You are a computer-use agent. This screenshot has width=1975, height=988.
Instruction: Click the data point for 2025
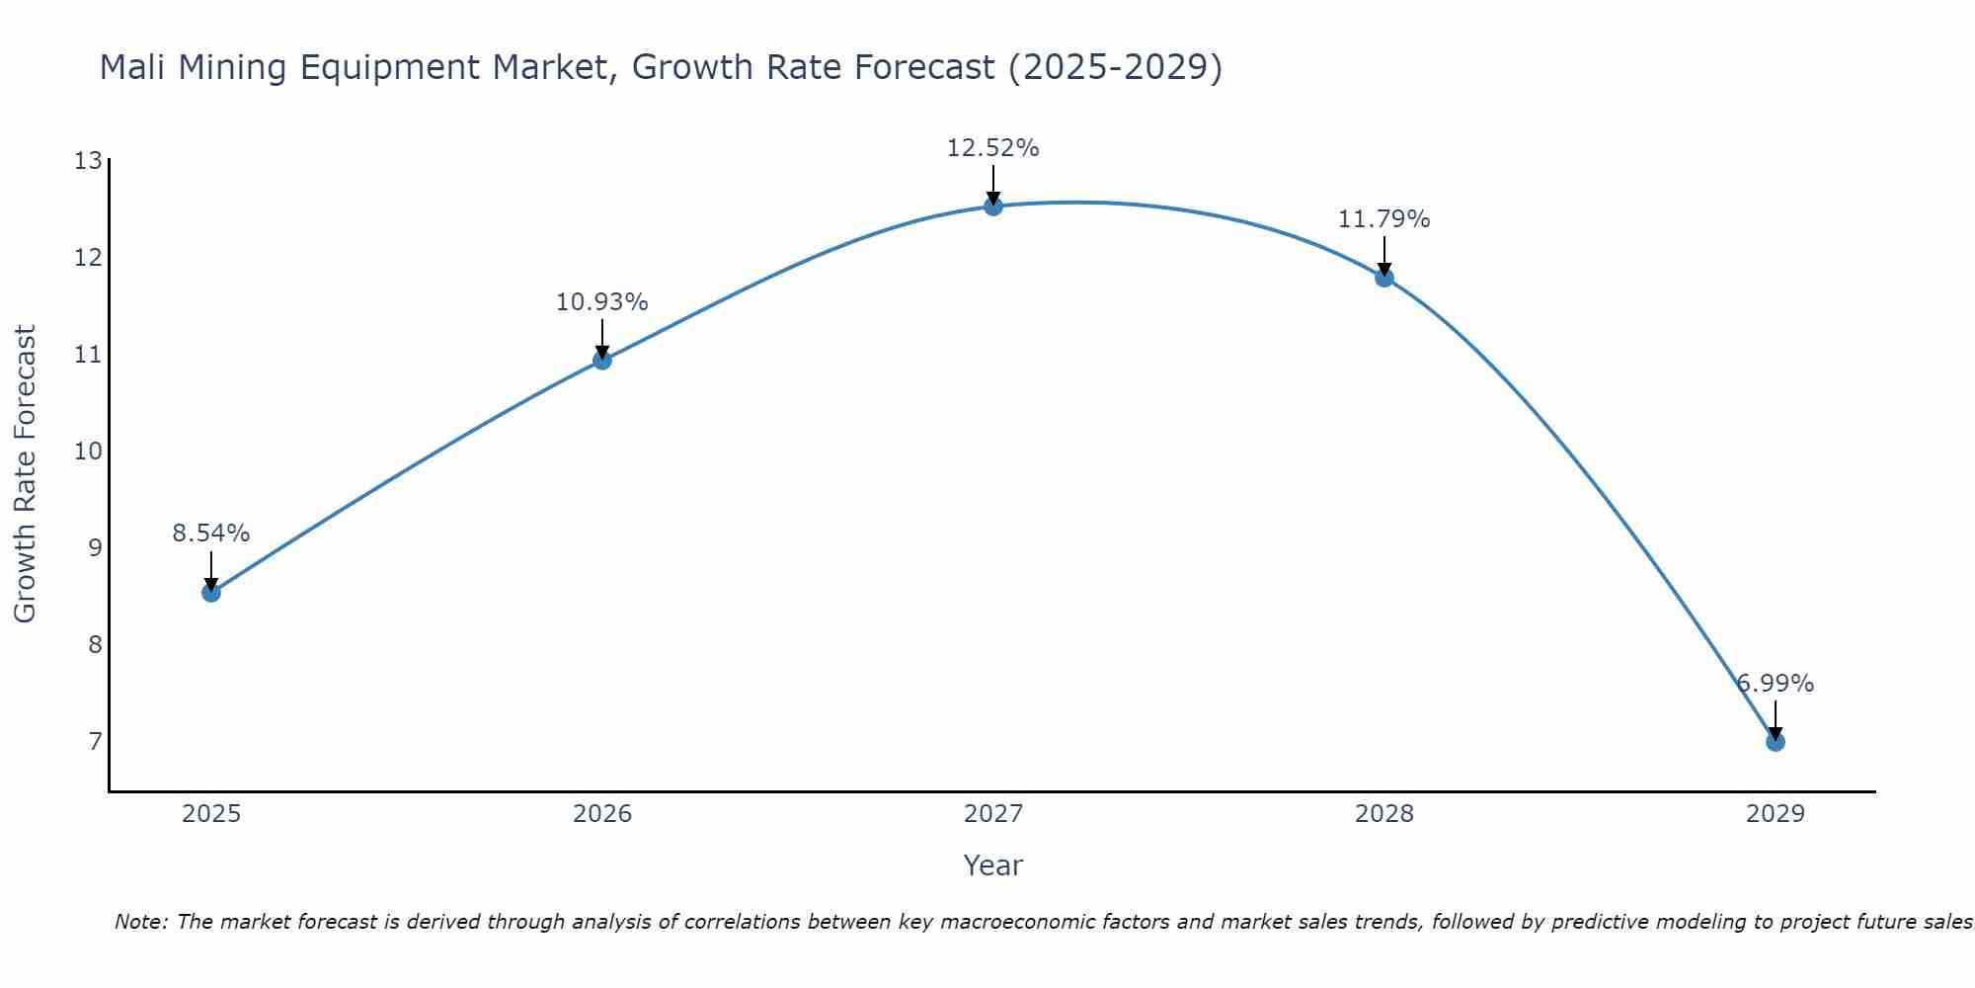[x=211, y=593]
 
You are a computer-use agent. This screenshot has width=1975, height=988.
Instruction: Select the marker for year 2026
[x=602, y=361]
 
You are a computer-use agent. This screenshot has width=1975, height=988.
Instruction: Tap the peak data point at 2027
[x=993, y=206]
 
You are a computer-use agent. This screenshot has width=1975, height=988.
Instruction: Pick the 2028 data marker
[x=1384, y=278]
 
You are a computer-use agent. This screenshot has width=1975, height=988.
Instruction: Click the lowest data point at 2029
[x=1775, y=742]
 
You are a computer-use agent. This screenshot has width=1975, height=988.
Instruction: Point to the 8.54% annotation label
[x=211, y=534]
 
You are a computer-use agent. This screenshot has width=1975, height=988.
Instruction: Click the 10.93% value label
[x=602, y=302]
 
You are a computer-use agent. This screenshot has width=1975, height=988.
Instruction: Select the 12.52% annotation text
[x=993, y=148]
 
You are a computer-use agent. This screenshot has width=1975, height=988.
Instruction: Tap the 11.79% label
[x=1384, y=219]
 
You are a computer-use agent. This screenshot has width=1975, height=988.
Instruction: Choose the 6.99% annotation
[x=1776, y=684]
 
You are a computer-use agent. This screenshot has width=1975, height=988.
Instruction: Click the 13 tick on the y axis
[x=88, y=161]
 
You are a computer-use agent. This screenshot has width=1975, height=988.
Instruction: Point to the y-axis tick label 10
[x=88, y=452]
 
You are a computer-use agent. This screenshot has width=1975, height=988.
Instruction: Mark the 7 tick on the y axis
[x=95, y=741]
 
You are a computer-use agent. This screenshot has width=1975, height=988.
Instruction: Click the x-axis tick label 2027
[x=993, y=814]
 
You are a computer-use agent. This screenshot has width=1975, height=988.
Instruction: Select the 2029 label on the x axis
[x=1775, y=814]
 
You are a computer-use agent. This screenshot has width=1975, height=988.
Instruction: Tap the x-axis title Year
[x=993, y=865]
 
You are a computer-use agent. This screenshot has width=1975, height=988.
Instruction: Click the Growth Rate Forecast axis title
[x=25, y=474]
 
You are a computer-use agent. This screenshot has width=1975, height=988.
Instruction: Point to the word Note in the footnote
[x=141, y=922]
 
